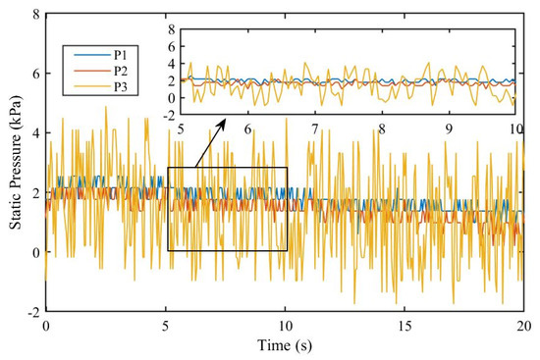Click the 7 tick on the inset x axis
tap(315, 128)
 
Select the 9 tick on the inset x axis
tap(449, 128)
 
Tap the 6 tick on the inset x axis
tap(248, 128)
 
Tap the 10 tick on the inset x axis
tap(513, 128)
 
